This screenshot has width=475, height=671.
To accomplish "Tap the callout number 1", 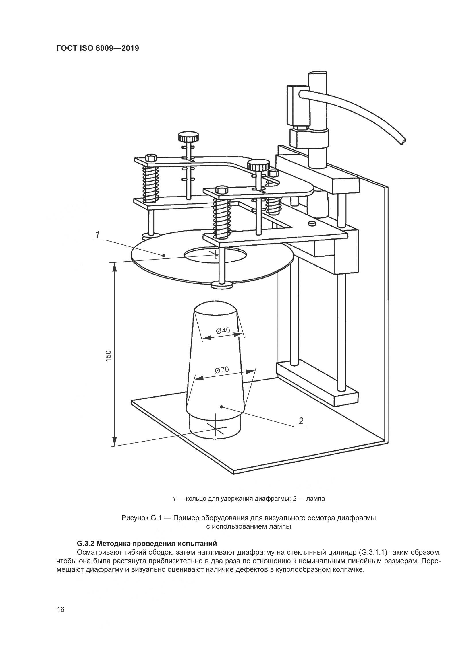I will pos(98,234).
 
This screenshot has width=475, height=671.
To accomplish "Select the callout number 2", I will pos(301,421).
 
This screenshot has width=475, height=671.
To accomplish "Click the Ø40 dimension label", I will pos(223,331).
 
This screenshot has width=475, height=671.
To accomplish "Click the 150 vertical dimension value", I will pos(109,356).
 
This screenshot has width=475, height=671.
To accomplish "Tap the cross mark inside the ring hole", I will pos(216,254).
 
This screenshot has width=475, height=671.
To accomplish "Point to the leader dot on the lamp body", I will pos(221,407).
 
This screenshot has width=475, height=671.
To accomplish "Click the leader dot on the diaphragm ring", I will pos(164,255).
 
